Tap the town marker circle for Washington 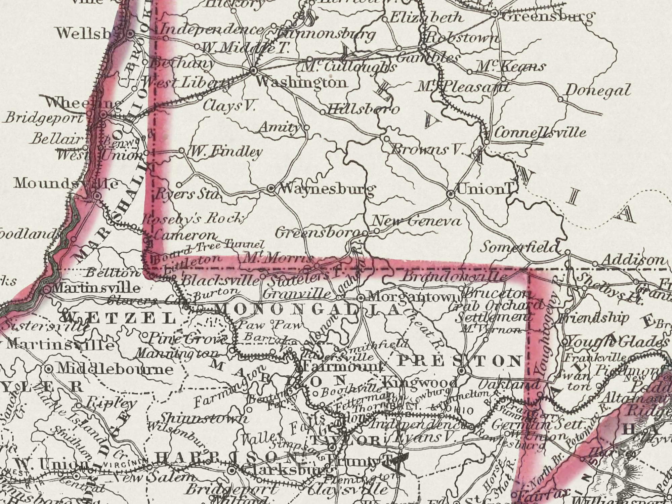(x=253, y=70)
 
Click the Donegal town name (x=598, y=90)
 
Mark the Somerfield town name (x=519, y=248)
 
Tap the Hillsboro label (x=363, y=109)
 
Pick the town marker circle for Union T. (x=451, y=194)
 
